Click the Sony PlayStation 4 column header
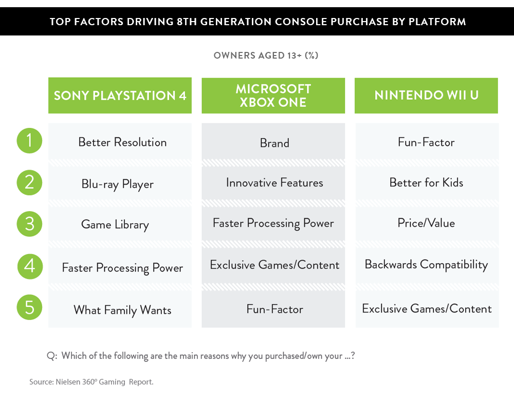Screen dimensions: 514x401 tap(120, 96)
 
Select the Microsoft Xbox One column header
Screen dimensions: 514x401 tap(273, 96)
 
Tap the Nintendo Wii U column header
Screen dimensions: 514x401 tap(426, 96)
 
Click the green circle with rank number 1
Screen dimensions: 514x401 tap(29, 141)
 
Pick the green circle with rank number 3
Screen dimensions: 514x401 tap(29, 224)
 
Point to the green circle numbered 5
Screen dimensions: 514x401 tap(29, 307)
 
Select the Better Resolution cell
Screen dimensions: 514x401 tap(120, 141)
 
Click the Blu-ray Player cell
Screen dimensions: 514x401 tap(120, 184)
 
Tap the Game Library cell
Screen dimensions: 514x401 tap(120, 224)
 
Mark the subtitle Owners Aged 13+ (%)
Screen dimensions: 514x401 tap(266, 56)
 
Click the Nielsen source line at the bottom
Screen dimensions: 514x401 tap(91, 382)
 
